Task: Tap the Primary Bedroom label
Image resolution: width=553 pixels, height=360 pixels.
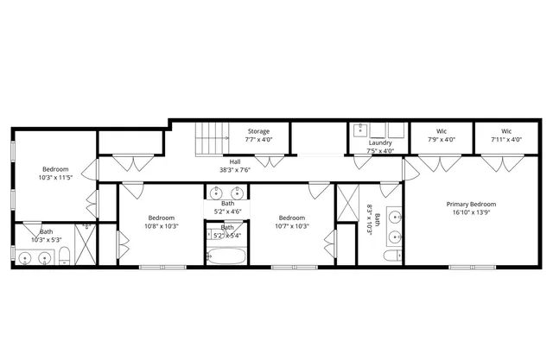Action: click(471, 205)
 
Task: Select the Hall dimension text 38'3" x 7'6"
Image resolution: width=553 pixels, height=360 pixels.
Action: click(235, 170)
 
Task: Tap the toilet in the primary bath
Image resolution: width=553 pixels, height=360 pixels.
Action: click(393, 256)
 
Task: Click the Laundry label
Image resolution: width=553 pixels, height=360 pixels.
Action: click(380, 143)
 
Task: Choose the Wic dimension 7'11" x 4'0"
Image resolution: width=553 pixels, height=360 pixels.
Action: click(505, 139)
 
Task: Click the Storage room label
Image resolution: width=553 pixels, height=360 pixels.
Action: click(258, 131)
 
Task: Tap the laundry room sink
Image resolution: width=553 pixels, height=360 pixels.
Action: click(361, 131)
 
